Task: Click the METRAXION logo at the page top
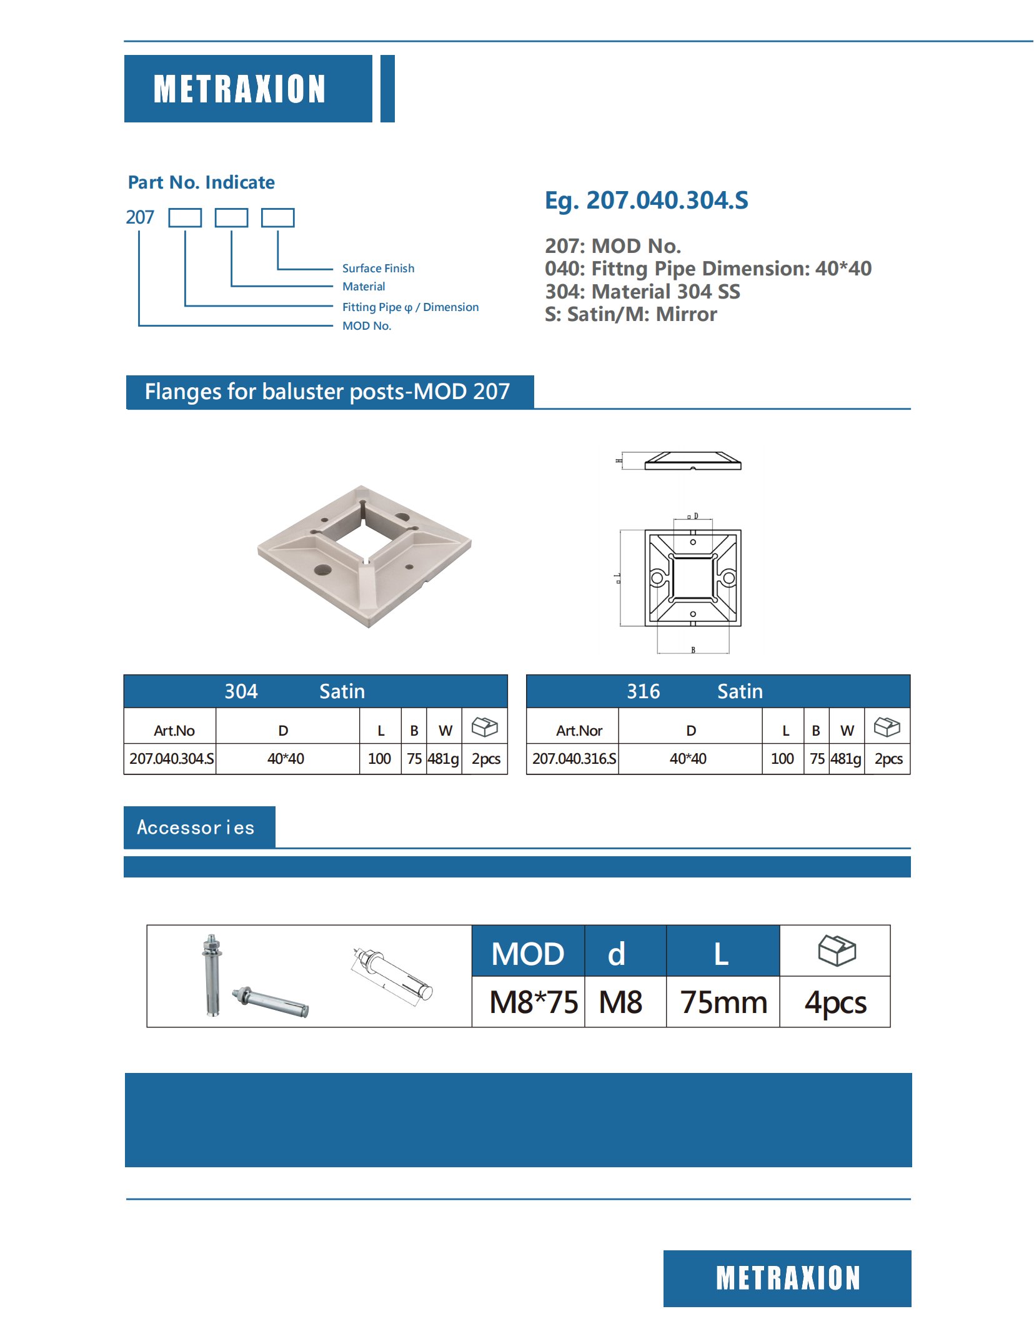pyautogui.click(x=240, y=89)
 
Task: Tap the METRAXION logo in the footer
pyautogui.click(x=787, y=1278)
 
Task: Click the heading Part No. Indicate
pyautogui.click(x=201, y=182)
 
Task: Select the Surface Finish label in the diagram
pyautogui.click(x=378, y=269)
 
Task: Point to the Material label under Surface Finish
pyautogui.click(x=364, y=287)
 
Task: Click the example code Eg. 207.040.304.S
pyautogui.click(x=646, y=200)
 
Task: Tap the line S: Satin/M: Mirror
pyautogui.click(x=630, y=314)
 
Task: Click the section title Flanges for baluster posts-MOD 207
pyautogui.click(x=327, y=392)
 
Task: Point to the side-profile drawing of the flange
pyautogui.click(x=692, y=462)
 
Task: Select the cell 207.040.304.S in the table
pyautogui.click(x=171, y=759)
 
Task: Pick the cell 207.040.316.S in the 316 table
pyautogui.click(x=574, y=759)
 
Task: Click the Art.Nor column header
pyautogui.click(x=579, y=731)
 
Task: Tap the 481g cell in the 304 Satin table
pyautogui.click(x=443, y=759)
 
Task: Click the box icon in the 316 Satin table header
pyautogui.click(x=887, y=727)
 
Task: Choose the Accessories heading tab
pyautogui.click(x=196, y=828)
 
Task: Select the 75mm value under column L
pyautogui.click(x=723, y=1002)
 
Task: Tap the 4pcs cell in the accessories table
pyautogui.click(x=835, y=1002)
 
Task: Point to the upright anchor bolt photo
pyautogui.click(x=212, y=974)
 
